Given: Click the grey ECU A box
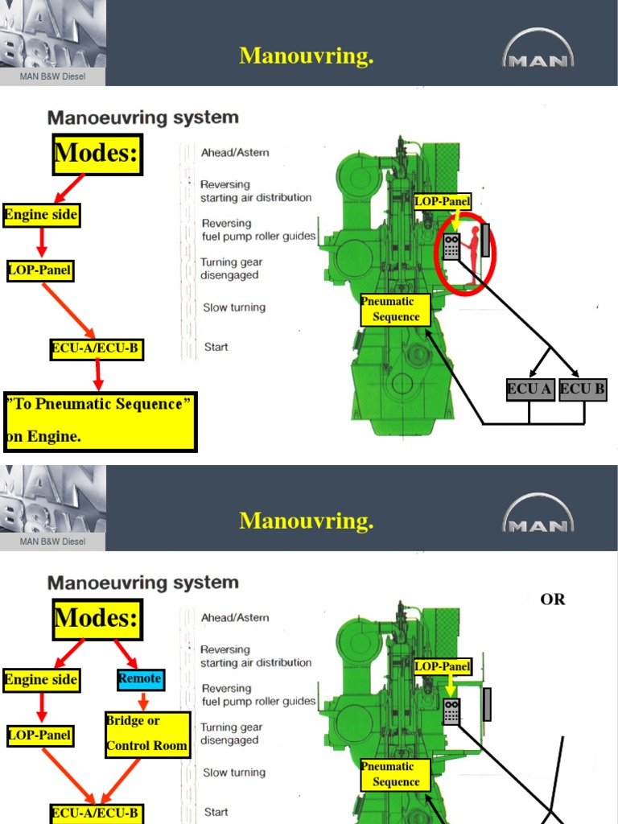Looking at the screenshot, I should [529, 390].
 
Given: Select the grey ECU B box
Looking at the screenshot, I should [583, 390].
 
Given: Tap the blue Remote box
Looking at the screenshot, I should [140, 678].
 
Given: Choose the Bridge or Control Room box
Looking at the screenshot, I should [147, 733].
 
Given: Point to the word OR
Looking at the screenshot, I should [553, 599].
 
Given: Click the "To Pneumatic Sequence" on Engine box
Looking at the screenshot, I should [100, 421].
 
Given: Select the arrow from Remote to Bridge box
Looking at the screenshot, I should [142, 700].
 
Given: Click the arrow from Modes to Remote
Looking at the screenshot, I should [125, 653].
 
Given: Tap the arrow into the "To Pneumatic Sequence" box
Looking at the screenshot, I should [97, 375].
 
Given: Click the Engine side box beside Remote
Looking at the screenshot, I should [41, 679].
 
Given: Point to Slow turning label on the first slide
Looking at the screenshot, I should [234, 307].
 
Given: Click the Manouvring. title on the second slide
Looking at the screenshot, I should [307, 521].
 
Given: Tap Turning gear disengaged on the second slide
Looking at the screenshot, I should [231, 733].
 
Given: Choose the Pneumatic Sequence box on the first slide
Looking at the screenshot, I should [395, 309].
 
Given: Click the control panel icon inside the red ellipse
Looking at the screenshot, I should [451, 246].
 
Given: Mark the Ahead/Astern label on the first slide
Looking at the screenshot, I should [235, 152].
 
